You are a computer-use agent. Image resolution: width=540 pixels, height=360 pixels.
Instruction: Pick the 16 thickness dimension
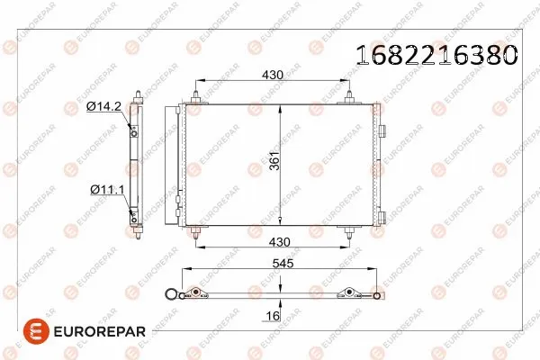pos(274,316)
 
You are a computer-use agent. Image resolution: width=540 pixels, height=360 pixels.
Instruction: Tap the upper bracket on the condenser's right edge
pos(382,131)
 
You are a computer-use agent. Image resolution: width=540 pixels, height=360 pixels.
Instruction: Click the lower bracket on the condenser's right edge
pos(382,215)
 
